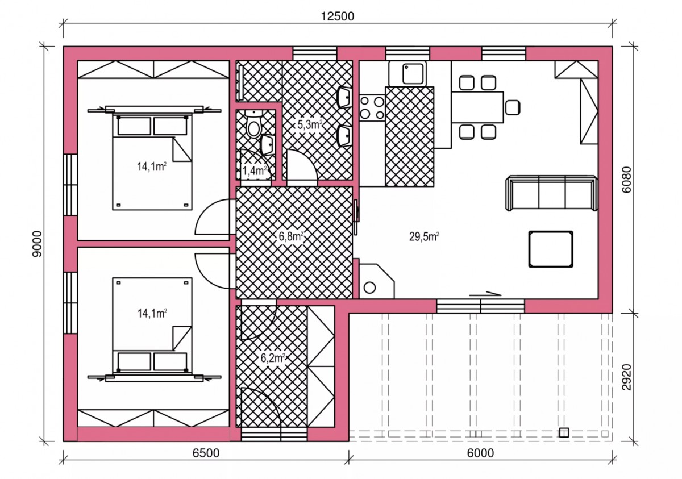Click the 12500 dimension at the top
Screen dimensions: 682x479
(338, 16)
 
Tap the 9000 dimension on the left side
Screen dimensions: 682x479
(38, 244)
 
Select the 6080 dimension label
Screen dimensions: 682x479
(627, 180)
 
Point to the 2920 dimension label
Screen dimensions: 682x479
(627, 377)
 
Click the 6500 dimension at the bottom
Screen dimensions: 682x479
(206, 453)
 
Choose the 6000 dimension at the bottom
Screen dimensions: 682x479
(480, 453)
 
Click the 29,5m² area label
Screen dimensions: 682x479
(424, 236)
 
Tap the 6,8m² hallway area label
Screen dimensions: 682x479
(291, 236)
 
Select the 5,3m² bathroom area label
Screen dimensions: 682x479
(310, 124)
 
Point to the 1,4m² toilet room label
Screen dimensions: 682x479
(255, 170)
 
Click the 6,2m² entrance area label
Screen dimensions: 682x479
(273, 357)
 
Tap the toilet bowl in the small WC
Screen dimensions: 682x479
(253, 125)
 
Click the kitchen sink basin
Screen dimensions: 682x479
(413, 74)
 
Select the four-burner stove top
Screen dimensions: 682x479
(372, 107)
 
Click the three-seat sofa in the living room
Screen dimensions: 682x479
(551, 193)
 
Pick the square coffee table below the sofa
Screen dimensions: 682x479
(551, 249)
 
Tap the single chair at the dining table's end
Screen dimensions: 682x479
(513, 108)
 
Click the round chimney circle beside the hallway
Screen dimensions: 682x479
(369, 288)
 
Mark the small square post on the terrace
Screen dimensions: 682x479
(564, 432)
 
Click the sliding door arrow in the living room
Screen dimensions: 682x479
(485, 294)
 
